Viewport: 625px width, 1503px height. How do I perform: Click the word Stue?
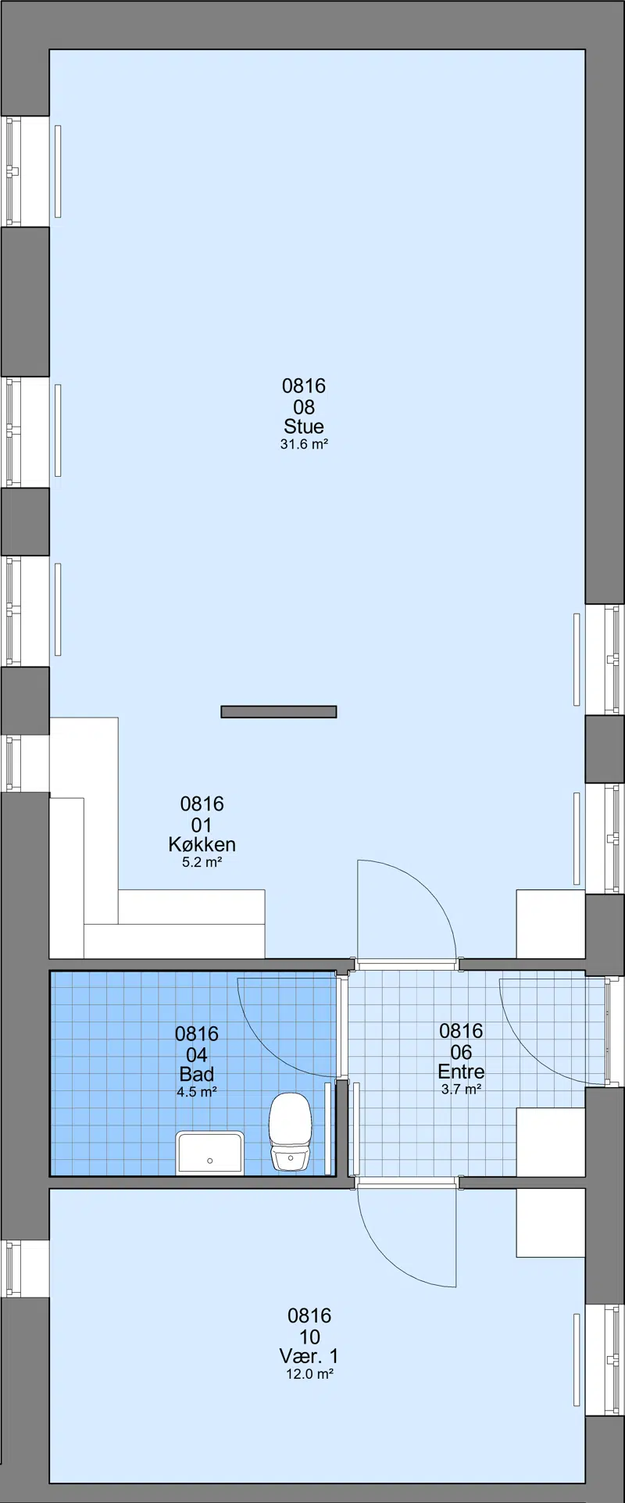(x=304, y=427)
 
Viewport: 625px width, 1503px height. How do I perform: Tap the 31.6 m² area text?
(x=304, y=445)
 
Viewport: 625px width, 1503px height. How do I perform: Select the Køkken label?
(x=202, y=844)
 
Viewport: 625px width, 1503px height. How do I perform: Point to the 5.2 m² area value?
(x=202, y=863)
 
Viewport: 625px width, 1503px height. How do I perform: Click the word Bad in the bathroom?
(x=197, y=1074)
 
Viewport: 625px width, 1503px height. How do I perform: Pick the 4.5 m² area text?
(x=197, y=1092)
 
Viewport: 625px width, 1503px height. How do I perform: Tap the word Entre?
(x=461, y=1072)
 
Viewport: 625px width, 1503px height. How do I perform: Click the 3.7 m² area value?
(x=461, y=1089)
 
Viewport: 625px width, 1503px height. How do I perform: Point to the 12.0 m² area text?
(x=309, y=1373)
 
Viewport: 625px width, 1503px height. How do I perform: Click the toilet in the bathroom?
(x=291, y=1132)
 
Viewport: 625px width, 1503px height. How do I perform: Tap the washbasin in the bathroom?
(x=209, y=1152)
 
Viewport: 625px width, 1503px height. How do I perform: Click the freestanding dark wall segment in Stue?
(x=279, y=711)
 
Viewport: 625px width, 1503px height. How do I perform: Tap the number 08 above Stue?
(x=304, y=406)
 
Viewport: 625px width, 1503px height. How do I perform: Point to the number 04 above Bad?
(x=197, y=1054)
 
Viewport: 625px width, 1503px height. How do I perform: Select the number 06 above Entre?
(x=461, y=1052)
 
